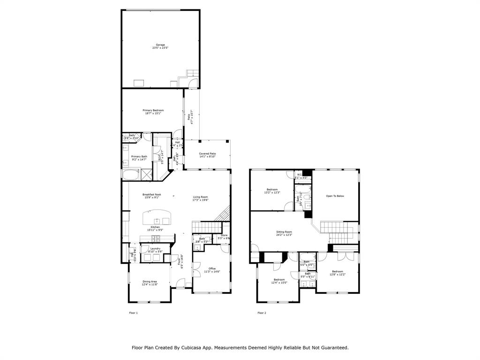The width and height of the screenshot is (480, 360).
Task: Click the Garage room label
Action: point(160,45)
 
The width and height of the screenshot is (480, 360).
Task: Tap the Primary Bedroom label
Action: point(153,110)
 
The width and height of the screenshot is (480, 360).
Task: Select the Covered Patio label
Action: point(207,154)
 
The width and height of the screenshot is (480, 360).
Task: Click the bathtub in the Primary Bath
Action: point(131,175)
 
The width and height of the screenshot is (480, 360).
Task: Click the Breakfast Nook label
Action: point(152,195)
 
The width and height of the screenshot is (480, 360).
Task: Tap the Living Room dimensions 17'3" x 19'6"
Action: point(201,200)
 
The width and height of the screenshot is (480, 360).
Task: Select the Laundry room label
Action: point(155,248)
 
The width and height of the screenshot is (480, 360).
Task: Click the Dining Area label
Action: point(150,281)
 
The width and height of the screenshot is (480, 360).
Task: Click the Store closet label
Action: point(224,235)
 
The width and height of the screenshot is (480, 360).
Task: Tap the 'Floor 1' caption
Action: point(133,313)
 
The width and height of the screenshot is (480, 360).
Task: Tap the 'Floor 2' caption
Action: point(262,313)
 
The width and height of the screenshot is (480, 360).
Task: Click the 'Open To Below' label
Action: point(335,196)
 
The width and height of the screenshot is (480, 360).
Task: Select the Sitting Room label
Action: point(284,232)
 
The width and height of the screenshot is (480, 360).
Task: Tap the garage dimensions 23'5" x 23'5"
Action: point(160,48)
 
